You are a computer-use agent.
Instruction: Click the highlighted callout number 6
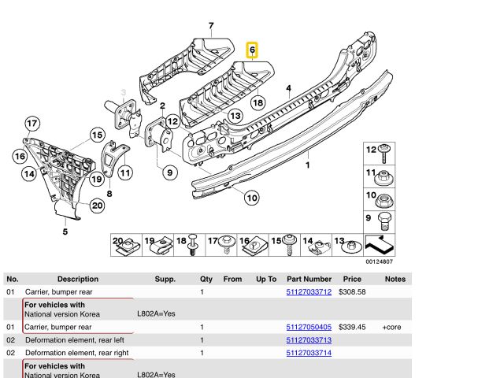pos(252,50)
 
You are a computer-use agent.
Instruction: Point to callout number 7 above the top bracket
pos(210,27)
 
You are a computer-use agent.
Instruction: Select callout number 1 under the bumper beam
pos(308,166)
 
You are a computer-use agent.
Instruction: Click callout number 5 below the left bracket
pos(65,232)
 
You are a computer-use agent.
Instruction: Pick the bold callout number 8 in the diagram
pos(109,192)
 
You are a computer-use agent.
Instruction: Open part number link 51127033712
pos(309,292)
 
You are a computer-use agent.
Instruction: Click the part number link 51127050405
pos(309,326)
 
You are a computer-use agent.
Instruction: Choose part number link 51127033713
pos(309,339)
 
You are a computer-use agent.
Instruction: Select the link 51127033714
pos(309,354)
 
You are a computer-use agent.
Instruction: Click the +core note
pos(392,326)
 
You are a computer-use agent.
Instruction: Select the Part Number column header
pos(309,279)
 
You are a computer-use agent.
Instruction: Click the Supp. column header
pos(164,279)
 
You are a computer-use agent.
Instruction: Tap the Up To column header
pos(266,279)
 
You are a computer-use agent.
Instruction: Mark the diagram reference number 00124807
pos(380,262)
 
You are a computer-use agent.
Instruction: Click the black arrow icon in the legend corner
pos(380,246)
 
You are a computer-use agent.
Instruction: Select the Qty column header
pos(206,279)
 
